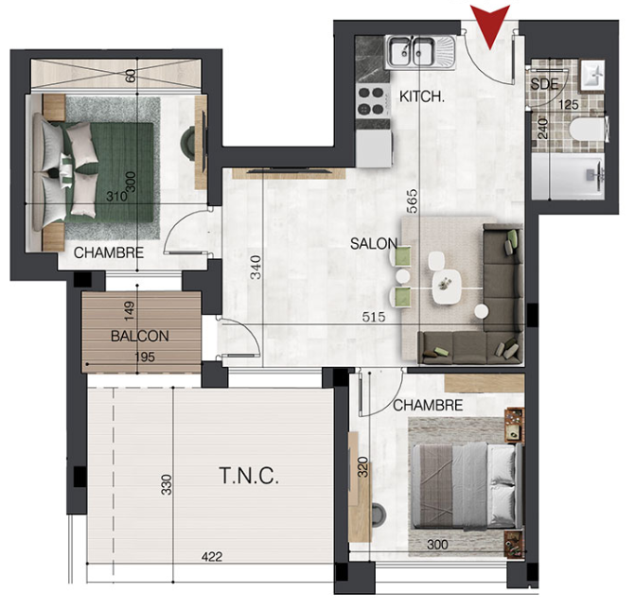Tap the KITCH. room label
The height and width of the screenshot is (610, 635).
(x=422, y=96)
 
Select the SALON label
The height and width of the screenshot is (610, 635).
(x=374, y=244)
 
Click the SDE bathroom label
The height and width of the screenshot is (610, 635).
(x=544, y=84)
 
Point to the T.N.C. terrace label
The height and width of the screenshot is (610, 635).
(x=249, y=476)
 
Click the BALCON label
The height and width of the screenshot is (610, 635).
(x=140, y=336)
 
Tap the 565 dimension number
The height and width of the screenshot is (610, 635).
(x=412, y=201)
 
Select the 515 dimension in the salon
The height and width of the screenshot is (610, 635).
(x=374, y=317)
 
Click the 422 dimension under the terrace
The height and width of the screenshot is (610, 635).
(x=212, y=557)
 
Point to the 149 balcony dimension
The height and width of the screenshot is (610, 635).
(x=129, y=311)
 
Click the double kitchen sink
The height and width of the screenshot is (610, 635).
(x=420, y=51)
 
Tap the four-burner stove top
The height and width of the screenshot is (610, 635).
(x=372, y=101)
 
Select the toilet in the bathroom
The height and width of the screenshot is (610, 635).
(x=589, y=130)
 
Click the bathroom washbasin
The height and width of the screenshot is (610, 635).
(x=592, y=75)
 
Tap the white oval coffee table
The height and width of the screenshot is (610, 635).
(x=446, y=287)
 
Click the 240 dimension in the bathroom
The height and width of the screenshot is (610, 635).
(x=542, y=129)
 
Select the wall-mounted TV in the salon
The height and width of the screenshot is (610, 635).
(x=289, y=170)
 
